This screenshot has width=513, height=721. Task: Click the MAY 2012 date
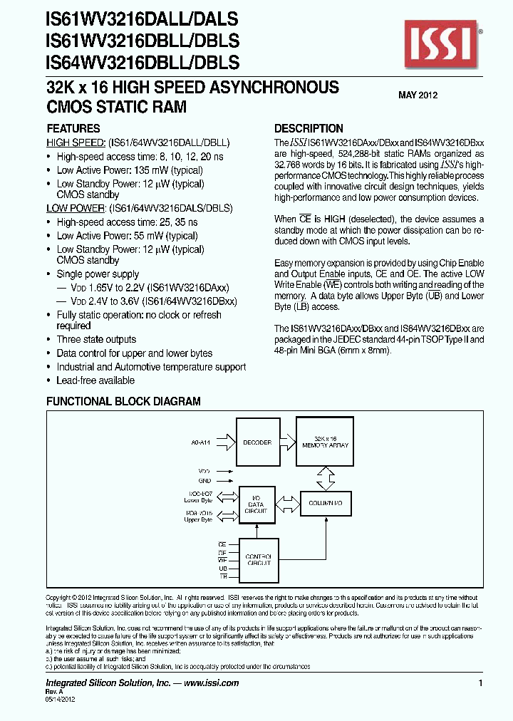(418, 95)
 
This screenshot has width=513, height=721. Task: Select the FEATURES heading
(73, 129)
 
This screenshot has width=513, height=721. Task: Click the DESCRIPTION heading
(309, 129)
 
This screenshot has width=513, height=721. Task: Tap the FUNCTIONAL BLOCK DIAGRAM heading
(123, 402)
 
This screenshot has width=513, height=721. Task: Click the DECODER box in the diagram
(257, 443)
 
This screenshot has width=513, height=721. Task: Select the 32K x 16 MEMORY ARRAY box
(326, 443)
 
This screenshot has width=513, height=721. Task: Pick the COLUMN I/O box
(326, 504)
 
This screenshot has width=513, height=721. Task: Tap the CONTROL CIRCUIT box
(258, 560)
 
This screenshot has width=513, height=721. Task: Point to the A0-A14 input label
(202, 442)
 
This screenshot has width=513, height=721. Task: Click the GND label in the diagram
(205, 481)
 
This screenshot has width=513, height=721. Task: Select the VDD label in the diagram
(205, 471)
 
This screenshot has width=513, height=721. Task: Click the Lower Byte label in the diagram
(198, 500)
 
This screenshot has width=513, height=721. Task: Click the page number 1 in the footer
(481, 683)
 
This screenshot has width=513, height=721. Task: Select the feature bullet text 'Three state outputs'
(96, 340)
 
